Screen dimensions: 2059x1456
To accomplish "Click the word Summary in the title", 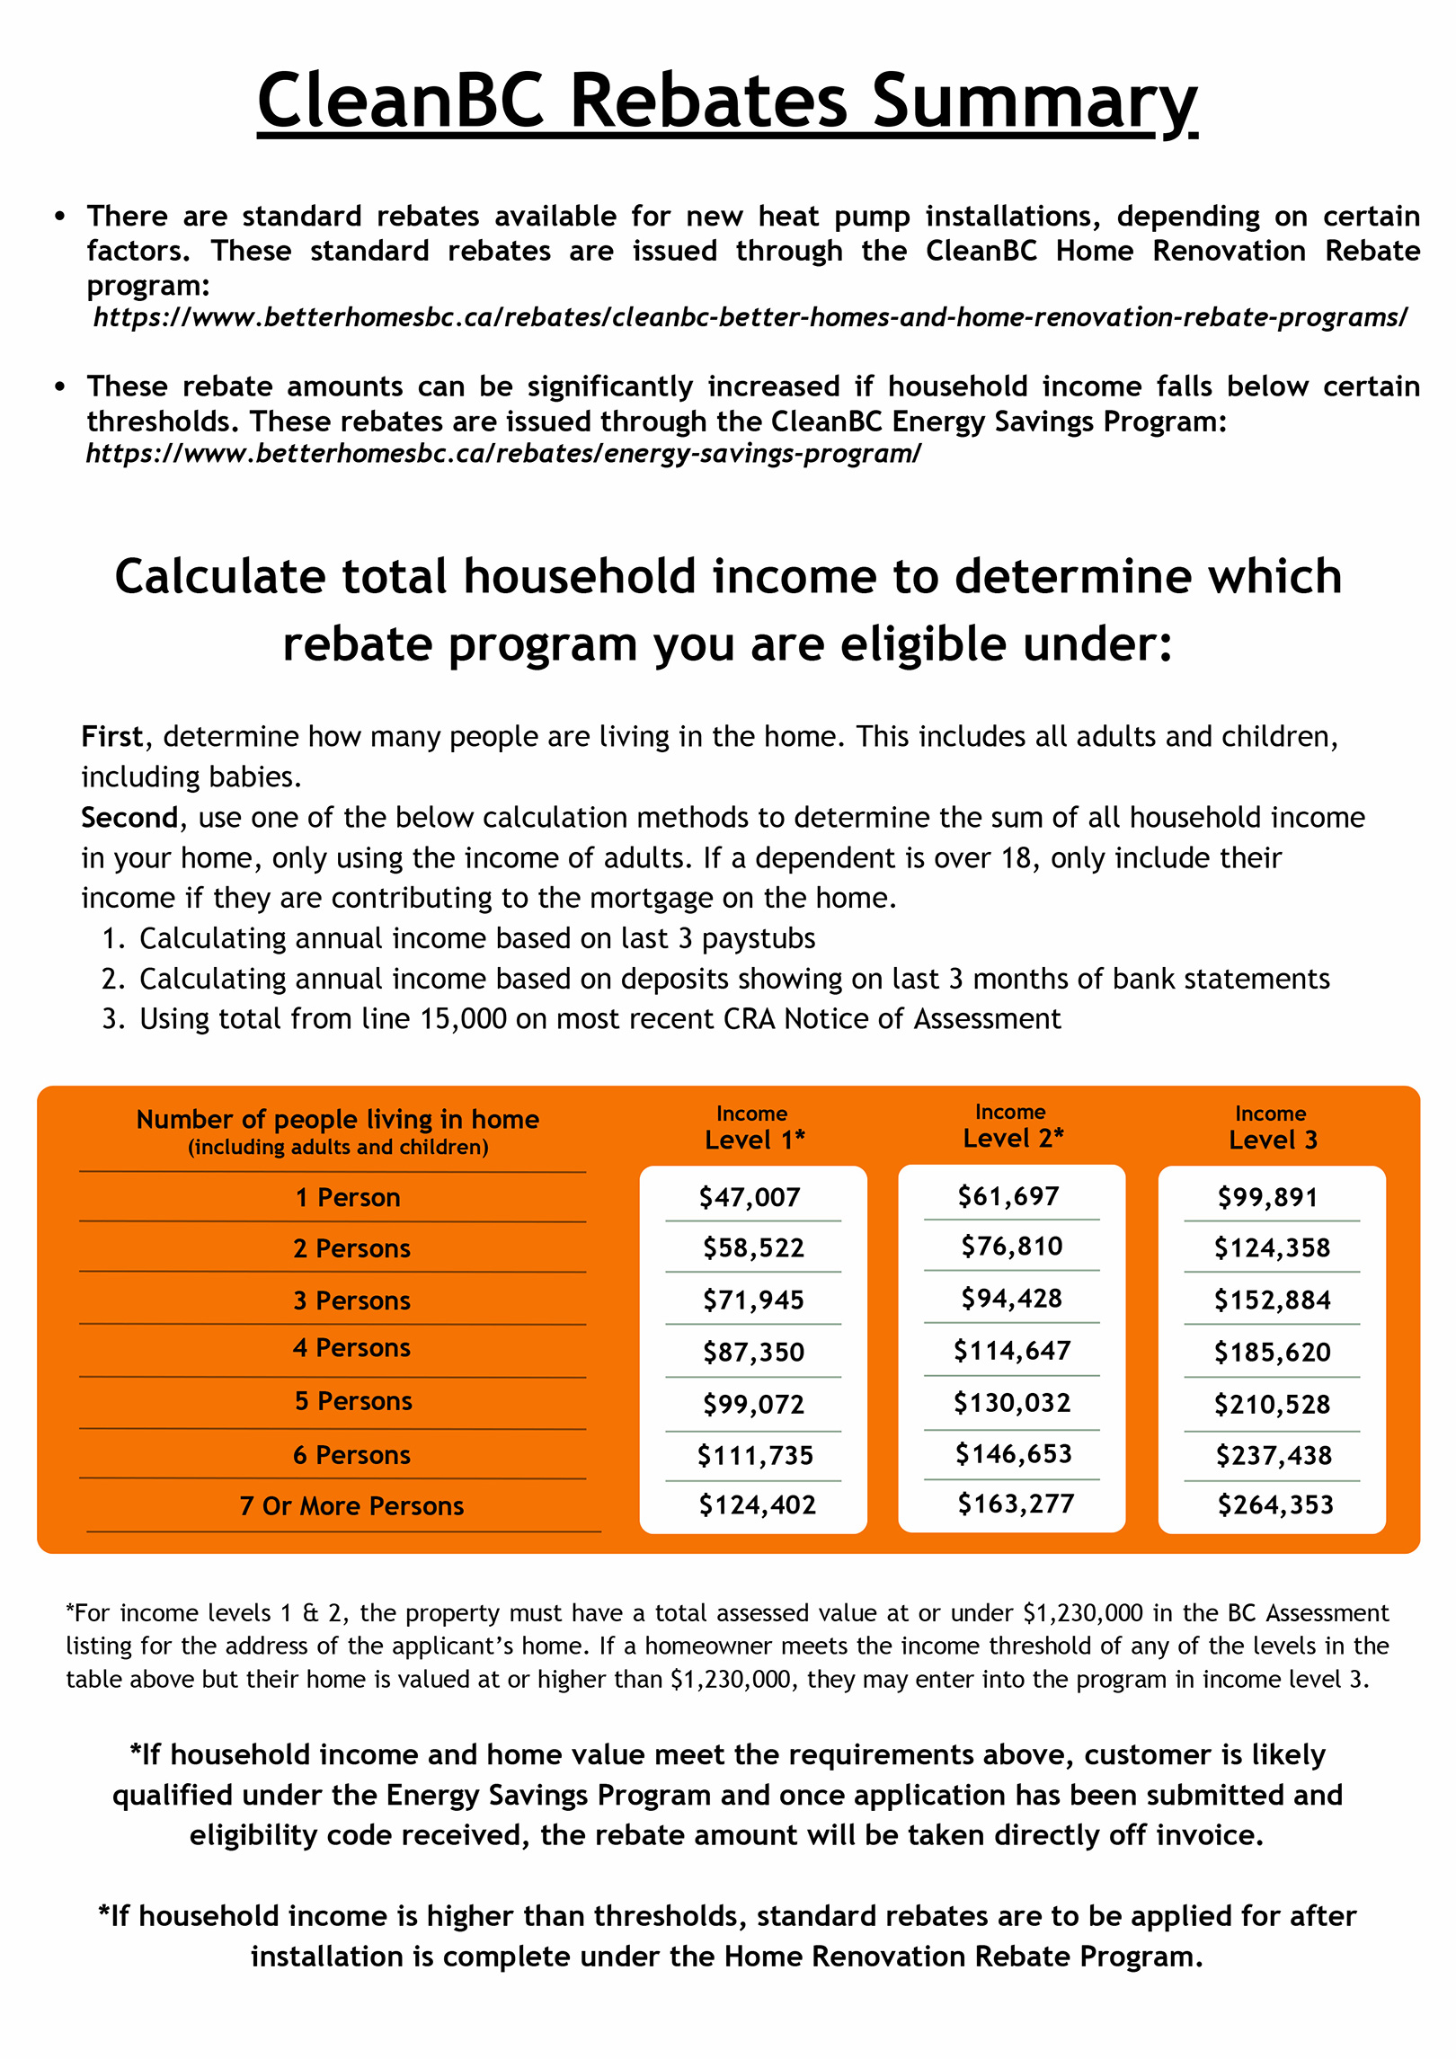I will tap(1034, 101).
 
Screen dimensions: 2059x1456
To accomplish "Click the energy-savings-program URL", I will tap(503, 453).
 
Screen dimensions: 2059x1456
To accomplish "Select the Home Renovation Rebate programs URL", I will tap(750, 317).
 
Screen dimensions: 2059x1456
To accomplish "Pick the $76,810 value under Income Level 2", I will tap(1011, 1247).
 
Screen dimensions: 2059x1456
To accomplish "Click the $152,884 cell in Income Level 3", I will tap(1272, 1300).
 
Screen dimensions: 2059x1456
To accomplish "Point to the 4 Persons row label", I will tap(351, 1348).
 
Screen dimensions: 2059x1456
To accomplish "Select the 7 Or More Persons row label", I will tap(351, 1506).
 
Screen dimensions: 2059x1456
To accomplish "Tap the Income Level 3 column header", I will tap(1272, 1129).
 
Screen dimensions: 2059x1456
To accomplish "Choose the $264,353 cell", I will tap(1274, 1504).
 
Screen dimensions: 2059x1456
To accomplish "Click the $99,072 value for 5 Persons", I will tap(753, 1404).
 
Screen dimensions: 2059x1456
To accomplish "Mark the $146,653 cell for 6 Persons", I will tap(1013, 1454).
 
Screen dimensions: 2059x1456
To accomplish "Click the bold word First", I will tap(112, 737).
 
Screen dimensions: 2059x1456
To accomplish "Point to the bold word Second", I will tap(129, 818).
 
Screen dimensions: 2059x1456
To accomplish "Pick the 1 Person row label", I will tap(348, 1198).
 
